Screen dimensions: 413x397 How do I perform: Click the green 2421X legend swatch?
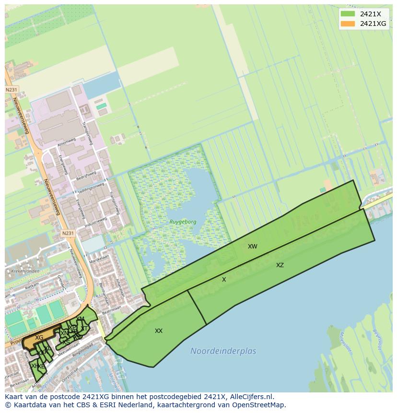pos(348,13)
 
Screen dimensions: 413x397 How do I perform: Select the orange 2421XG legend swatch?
pos(348,24)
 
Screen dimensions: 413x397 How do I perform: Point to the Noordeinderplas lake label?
pos(223,351)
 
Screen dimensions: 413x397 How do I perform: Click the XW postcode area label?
pos(253,247)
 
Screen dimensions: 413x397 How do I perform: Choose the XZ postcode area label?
pos(280,265)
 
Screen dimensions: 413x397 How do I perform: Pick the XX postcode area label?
pos(159,331)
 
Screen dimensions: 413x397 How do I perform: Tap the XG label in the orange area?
pos(39,338)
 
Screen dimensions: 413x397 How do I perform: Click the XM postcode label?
pos(80,319)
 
